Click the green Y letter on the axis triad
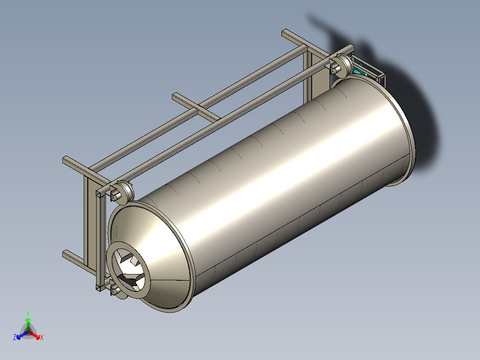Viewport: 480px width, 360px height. click(28, 313)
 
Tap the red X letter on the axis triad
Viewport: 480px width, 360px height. click(42, 337)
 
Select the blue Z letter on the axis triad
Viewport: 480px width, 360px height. click(14, 337)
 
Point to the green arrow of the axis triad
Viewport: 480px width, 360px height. click(28, 324)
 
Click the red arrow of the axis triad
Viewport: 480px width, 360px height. click(34, 335)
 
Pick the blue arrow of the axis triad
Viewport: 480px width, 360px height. click(22, 335)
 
